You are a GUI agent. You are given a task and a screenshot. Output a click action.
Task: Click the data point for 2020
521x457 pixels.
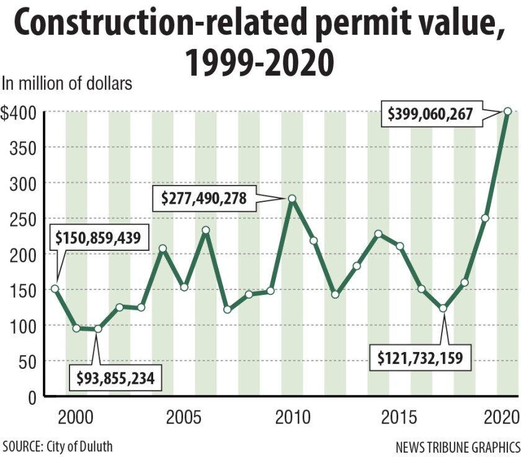tap(507, 111)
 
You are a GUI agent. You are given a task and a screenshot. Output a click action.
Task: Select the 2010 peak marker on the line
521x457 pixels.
tap(292, 199)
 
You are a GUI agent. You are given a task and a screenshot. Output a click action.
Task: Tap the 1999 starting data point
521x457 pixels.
tap(55, 289)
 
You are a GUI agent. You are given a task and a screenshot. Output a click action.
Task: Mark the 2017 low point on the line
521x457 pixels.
tap(443, 309)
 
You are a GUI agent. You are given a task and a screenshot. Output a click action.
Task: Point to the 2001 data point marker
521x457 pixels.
tap(97, 329)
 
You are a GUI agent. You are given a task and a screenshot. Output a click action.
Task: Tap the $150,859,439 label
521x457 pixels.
tap(98, 237)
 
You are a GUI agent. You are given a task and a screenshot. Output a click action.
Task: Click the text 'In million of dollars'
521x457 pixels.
tap(68, 83)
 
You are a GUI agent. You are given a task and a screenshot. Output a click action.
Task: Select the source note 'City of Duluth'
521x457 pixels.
tap(78, 446)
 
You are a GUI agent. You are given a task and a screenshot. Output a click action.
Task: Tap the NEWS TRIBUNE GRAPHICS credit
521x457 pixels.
tap(456, 446)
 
